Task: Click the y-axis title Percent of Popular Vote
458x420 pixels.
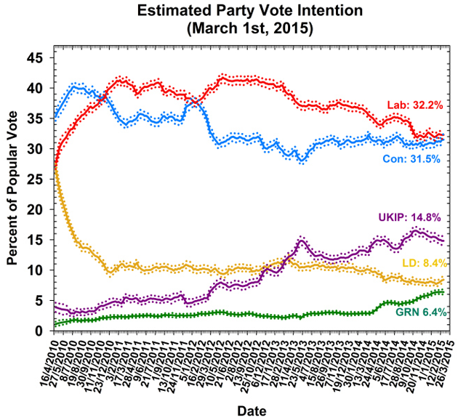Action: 13,193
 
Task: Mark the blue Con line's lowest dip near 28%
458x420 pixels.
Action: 301,161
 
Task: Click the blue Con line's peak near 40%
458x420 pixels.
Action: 73,87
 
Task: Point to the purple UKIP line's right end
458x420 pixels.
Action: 443,241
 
